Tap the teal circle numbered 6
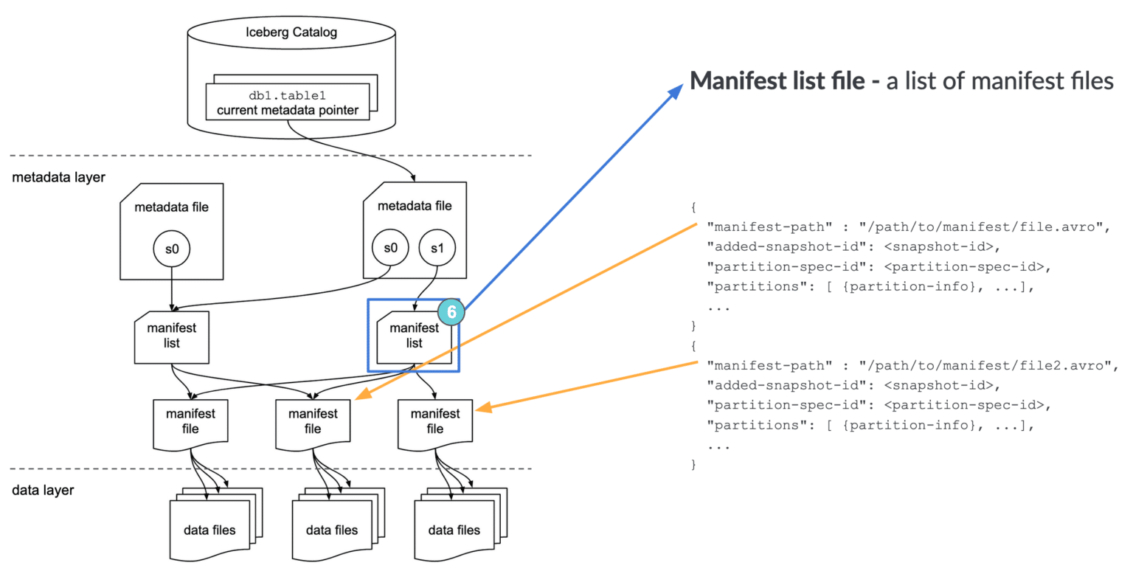tap(451, 311)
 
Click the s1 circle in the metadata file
tap(437, 249)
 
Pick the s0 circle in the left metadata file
tap(172, 249)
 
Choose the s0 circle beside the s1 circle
tap(391, 249)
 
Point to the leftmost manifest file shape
tap(190, 421)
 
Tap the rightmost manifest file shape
tap(435, 421)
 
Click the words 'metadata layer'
tap(58, 177)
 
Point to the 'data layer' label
tap(43, 490)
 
